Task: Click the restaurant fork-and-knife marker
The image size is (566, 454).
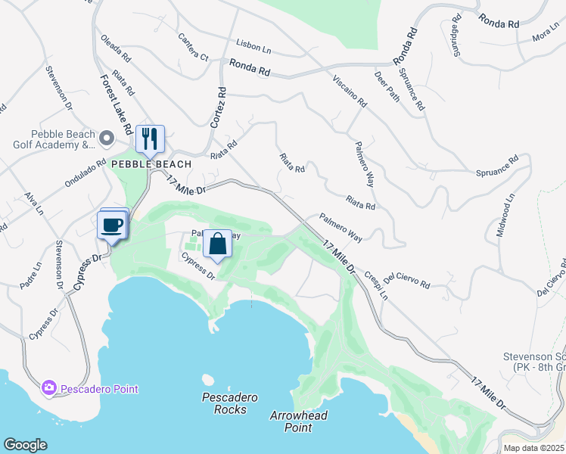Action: (150, 139)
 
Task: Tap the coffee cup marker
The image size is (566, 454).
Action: (112, 225)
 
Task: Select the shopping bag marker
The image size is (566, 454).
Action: (217, 244)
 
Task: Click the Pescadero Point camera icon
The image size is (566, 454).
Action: (49, 387)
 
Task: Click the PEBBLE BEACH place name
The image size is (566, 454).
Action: (151, 163)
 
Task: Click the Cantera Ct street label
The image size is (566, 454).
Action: (193, 47)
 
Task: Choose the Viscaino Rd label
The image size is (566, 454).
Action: (349, 89)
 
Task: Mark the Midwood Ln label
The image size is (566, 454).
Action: (505, 215)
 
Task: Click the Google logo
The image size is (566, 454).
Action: (25, 445)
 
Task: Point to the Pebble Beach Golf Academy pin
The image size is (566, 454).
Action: (107, 138)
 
